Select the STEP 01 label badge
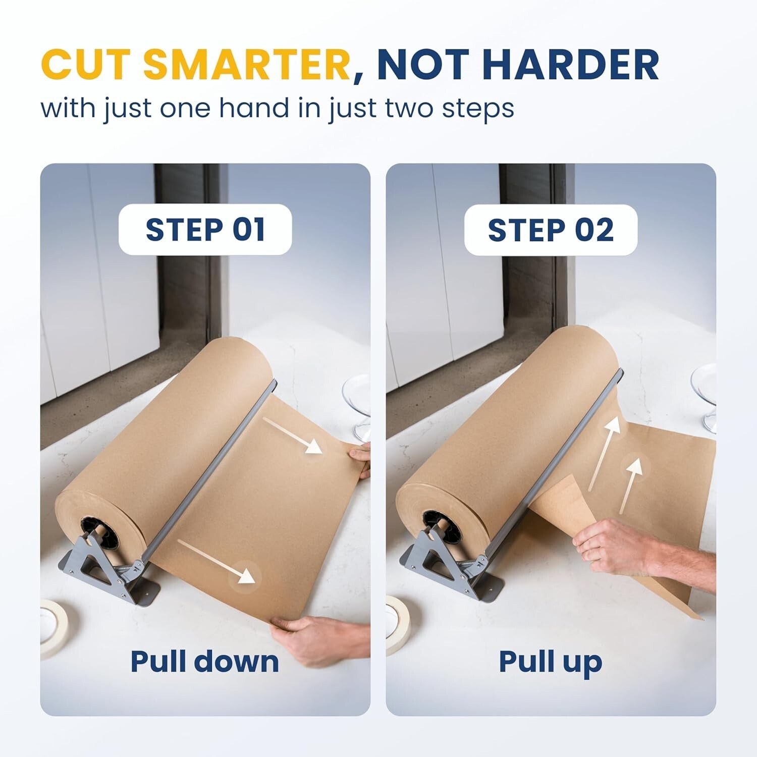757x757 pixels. point(205,230)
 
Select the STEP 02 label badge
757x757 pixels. point(551,230)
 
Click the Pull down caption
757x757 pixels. point(204,662)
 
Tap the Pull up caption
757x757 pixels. point(550,662)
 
